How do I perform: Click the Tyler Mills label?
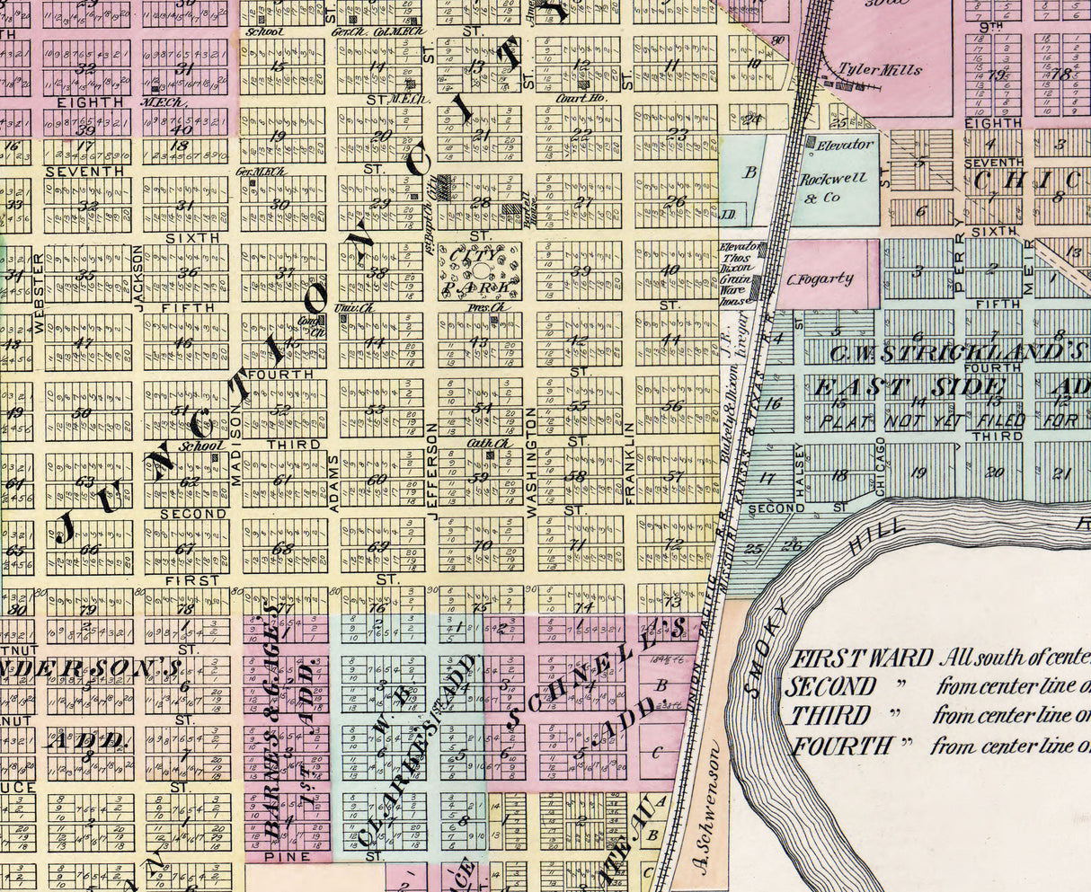[x=866, y=68]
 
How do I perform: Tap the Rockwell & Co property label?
[x=833, y=187]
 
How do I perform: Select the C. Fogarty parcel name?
[x=820, y=278]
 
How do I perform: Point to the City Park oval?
[x=481, y=271]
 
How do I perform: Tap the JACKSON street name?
[x=138, y=278]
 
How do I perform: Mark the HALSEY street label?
[x=798, y=471]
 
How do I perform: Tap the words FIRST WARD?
[x=861, y=657]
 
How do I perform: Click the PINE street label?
[x=288, y=857]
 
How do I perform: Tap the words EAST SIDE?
[x=908, y=388]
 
